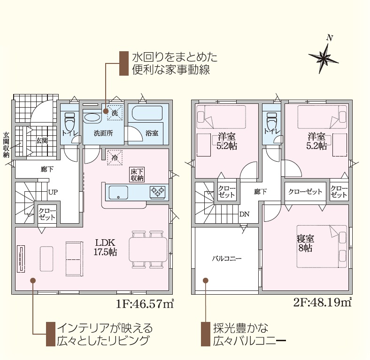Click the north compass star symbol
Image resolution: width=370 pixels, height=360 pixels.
pyautogui.click(x=324, y=57)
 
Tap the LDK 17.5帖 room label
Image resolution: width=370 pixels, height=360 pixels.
pyautogui.click(x=105, y=247)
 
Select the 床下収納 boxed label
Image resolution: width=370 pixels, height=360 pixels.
pyautogui.click(x=137, y=175)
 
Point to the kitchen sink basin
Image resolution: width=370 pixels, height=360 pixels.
pyautogui.click(x=118, y=193)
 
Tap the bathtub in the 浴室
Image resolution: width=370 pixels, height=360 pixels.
pyautogui.click(x=147, y=113)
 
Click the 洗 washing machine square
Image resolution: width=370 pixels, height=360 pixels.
pyautogui.click(x=115, y=113)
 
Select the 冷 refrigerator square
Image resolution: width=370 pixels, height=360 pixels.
pyautogui.click(x=115, y=157)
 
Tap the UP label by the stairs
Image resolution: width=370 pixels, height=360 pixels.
pyautogui.click(x=53, y=192)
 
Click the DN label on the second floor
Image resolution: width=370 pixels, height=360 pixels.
pyautogui.click(x=244, y=214)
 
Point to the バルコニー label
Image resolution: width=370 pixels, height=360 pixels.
pyautogui.click(x=226, y=258)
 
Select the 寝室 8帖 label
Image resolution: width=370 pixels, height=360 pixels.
pyautogui.click(x=305, y=243)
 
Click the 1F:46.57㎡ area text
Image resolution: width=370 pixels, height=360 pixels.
pyautogui.click(x=145, y=304)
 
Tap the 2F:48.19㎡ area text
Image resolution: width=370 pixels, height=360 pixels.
pyautogui.click(x=323, y=302)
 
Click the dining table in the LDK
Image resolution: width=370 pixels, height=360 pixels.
pyautogui.click(x=148, y=250)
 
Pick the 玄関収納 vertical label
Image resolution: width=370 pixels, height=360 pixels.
pyautogui.click(x=6, y=145)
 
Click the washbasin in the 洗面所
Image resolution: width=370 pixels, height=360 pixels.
pyautogui.click(x=92, y=117)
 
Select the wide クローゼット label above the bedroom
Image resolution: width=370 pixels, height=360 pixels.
pyautogui.click(x=305, y=192)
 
